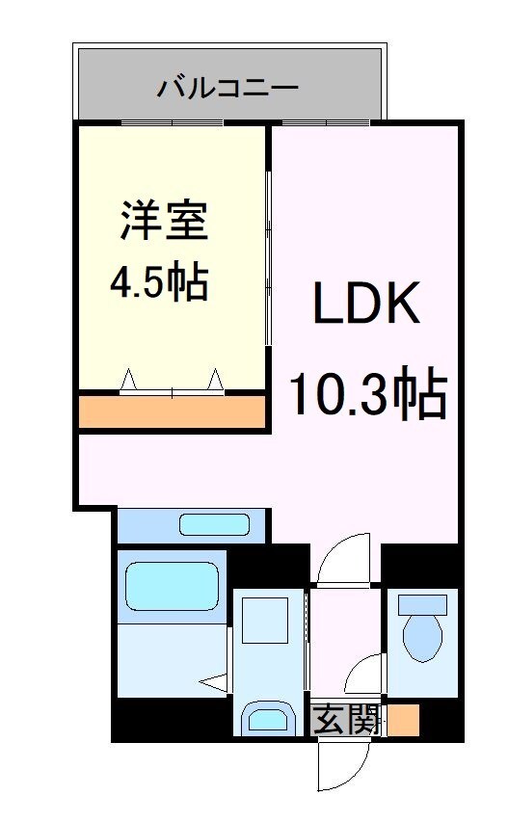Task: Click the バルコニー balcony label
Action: [x=228, y=90]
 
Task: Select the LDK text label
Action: [x=365, y=305]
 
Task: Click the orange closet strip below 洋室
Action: [x=172, y=411]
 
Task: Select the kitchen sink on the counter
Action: [x=214, y=525]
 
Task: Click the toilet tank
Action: [x=423, y=605]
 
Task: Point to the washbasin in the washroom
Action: [x=264, y=718]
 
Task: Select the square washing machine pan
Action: [x=264, y=621]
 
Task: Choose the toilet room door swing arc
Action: [x=365, y=674]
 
